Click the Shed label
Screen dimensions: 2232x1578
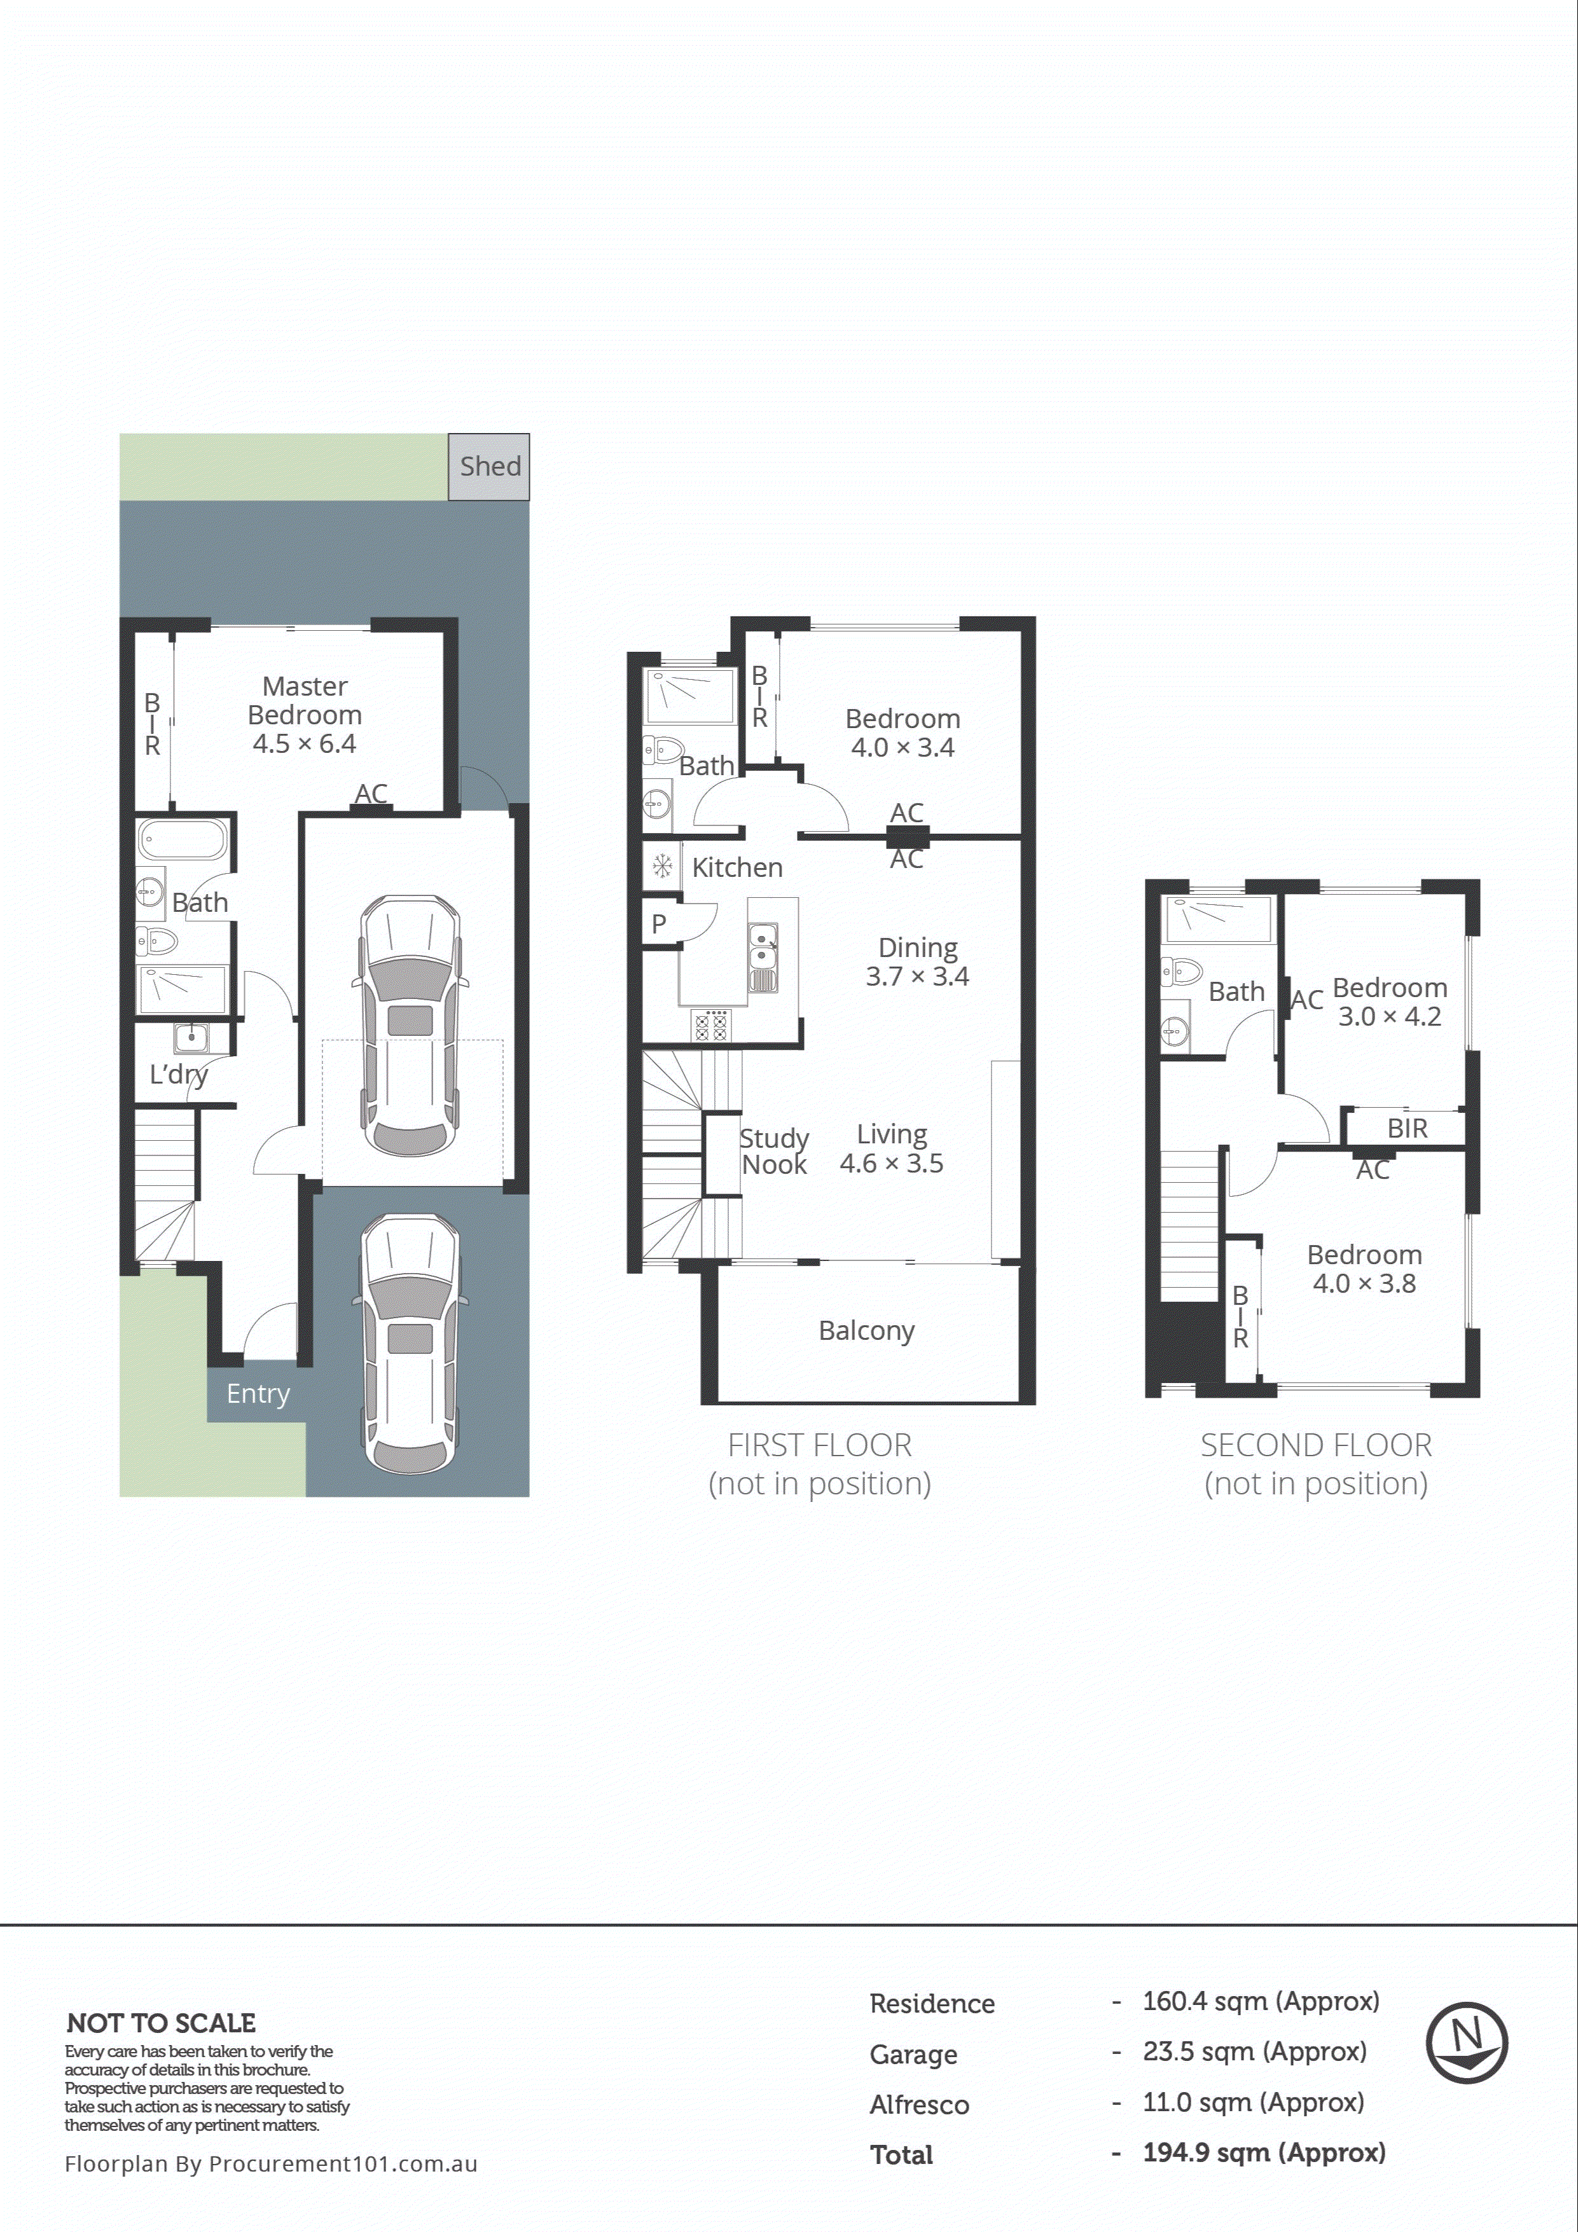pos(490,467)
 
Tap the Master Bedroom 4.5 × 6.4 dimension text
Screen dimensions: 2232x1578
pos(304,743)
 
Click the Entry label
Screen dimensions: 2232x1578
pos(258,1394)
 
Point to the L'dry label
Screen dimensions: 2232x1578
pos(178,1074)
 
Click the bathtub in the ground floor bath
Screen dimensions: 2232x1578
pos(182,839)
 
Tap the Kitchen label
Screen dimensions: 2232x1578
pos(737,867)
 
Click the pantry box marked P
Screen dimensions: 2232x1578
pos(659,923)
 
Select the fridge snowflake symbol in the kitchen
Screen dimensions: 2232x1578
pos(662,864)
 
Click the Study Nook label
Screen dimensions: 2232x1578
pos(774,1151)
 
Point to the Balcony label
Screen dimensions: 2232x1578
pos(866,1331)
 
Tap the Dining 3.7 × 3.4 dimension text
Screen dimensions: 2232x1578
pos(917,976)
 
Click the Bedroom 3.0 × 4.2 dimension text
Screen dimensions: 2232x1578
pos(1388,1017)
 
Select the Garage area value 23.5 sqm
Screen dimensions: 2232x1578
pos(1253,2052)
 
